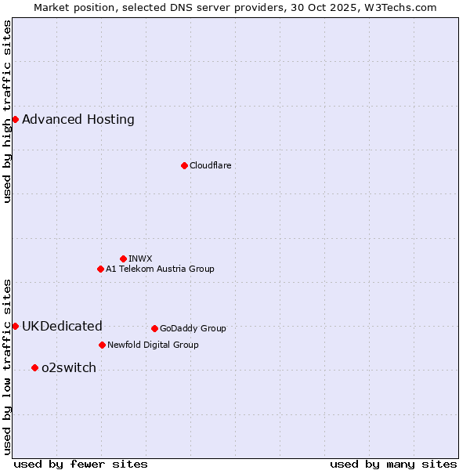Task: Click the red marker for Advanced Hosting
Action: [x=15, y=119]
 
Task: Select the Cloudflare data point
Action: [x=184, y=165]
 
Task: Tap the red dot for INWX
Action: [x=123, y=258]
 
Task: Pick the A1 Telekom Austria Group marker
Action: [x=100, y=269]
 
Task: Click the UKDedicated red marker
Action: [x=15, y=326]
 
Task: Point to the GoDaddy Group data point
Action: [x=154, y=328]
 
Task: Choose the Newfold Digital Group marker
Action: [x=102, y=345]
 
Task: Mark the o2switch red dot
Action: [x=34, y=367]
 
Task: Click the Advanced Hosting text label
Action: [x=78, y=120]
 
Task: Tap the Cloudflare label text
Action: [x=210, y=165]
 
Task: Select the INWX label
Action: [x=140, y=258]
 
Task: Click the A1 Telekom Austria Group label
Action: [x=160, y=269]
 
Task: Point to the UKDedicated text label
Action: [x=62, y=327]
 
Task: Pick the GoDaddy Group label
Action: [x=193, y=328]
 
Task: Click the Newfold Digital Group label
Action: [x=153, y=345]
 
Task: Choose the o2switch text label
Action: [x=69, y=368]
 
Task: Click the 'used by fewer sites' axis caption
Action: [x=81, y=464]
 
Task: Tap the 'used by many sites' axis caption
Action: [x=393, y=464]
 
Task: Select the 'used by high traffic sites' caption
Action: [x=8, y=111]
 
